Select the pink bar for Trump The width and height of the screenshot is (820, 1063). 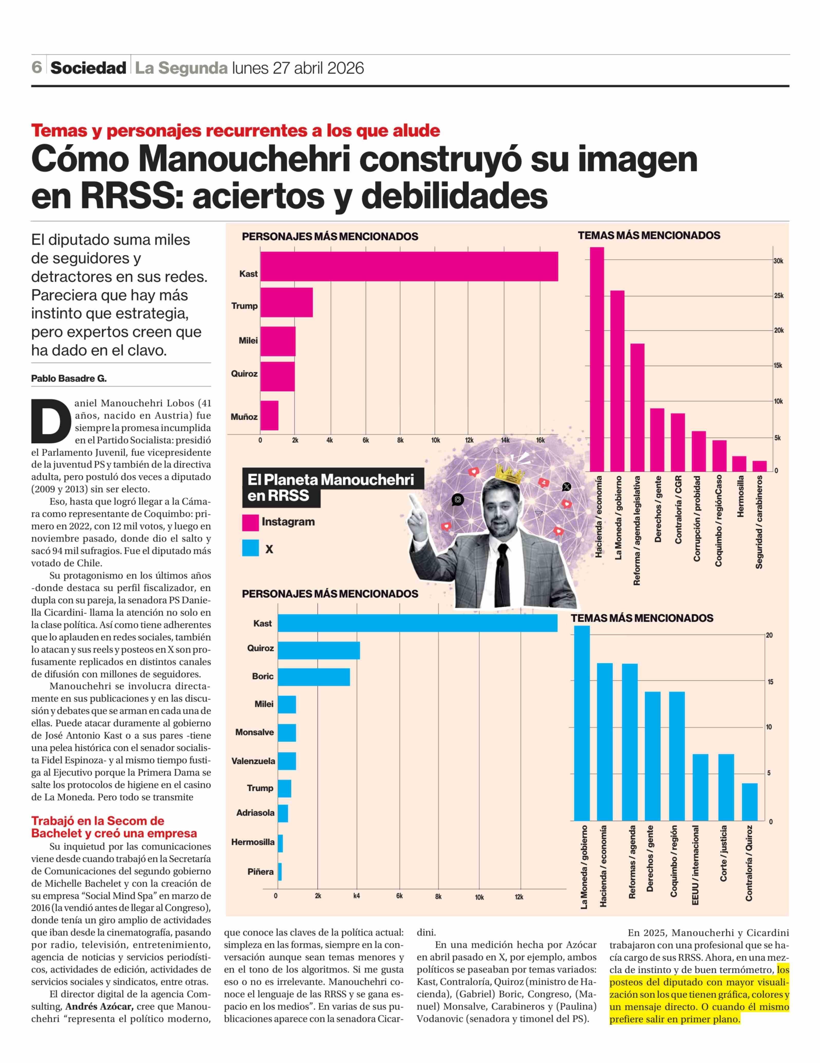tap(286, 302)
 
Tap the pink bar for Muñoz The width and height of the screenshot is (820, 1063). tap(269, 415)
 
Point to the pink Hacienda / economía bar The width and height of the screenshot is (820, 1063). tap(597, 359)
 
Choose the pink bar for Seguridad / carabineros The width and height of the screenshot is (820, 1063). tap(759, 466)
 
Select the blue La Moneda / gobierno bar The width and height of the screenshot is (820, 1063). tap(582, 723)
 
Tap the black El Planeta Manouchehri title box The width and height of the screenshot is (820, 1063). tap(331, 488)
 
